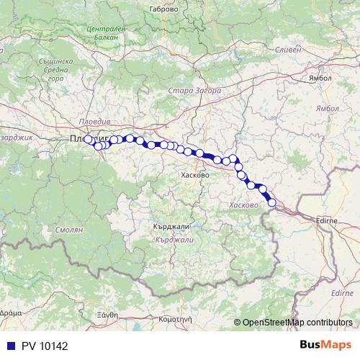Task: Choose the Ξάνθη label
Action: point(107,315)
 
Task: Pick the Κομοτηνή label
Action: point(176,317)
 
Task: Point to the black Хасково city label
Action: point(196,175)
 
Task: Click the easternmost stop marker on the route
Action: point(272,203)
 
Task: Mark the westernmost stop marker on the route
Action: point(89,140)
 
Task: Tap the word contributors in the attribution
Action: point(328,323)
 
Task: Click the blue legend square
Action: point(11,346)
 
